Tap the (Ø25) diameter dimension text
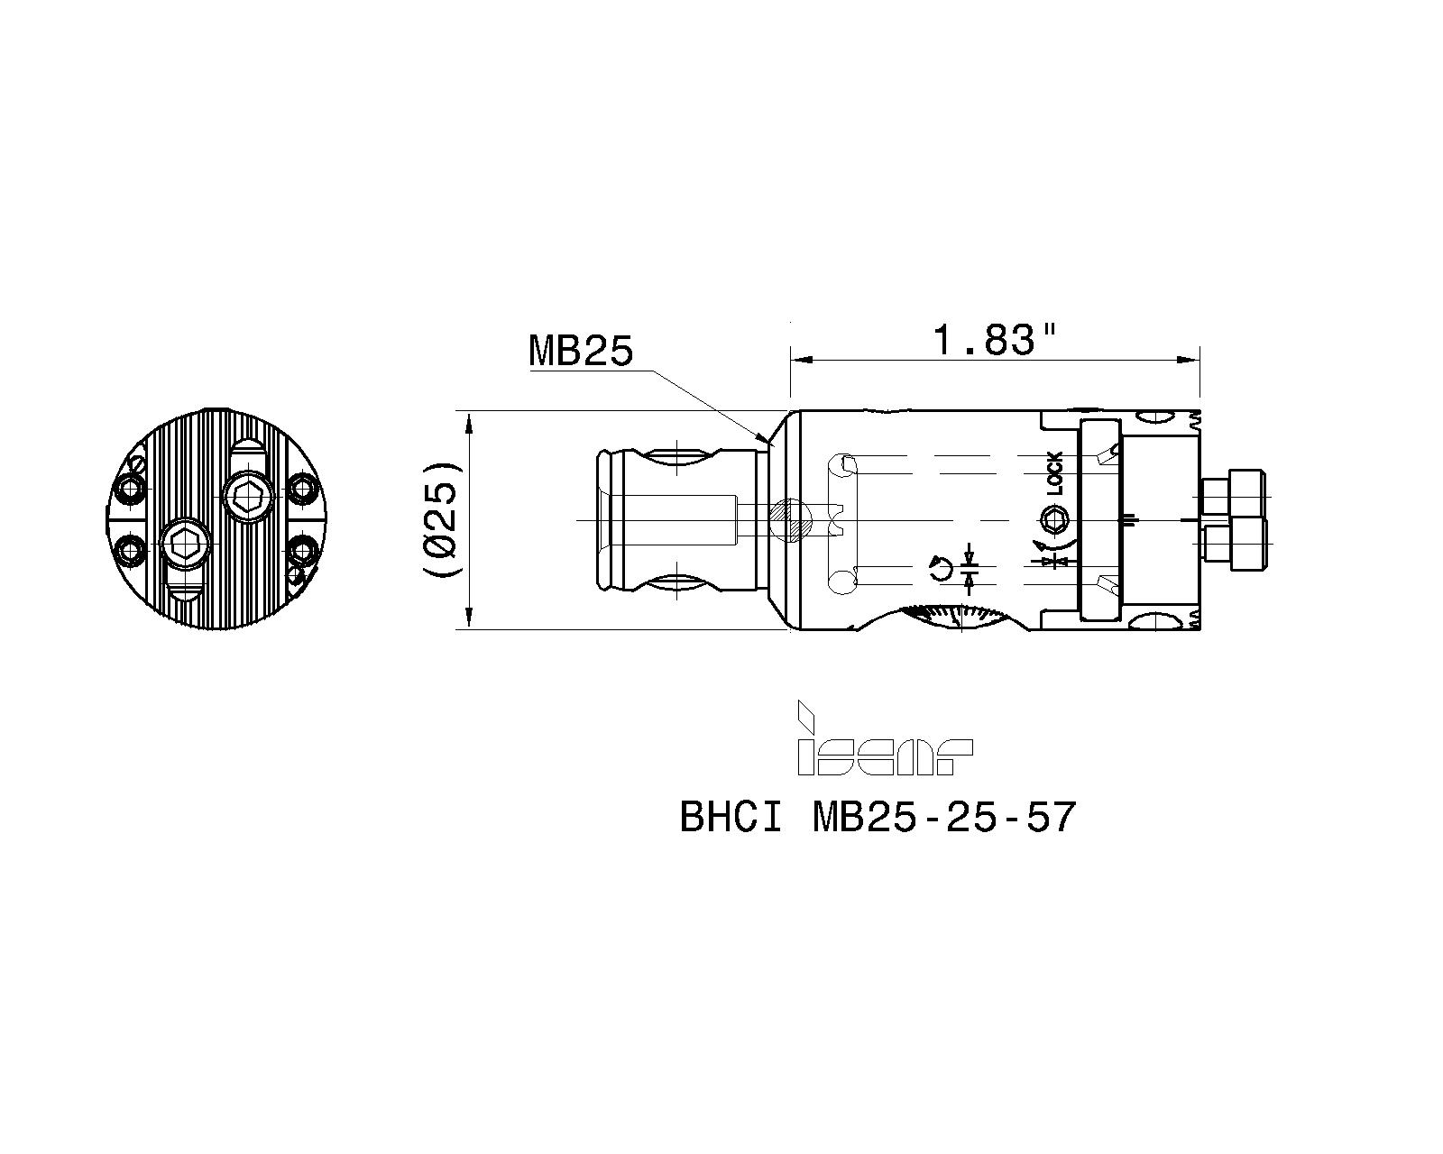441,519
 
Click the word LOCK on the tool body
1055,473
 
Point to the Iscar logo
885,738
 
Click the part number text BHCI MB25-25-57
878,817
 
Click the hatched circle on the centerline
791,520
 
